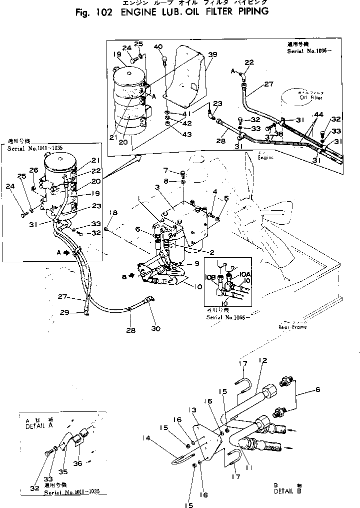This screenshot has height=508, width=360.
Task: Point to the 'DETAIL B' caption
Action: pos(287,491)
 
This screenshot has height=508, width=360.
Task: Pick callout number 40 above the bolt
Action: pos(158,47)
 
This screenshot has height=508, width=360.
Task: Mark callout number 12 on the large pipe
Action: pos(263,360)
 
